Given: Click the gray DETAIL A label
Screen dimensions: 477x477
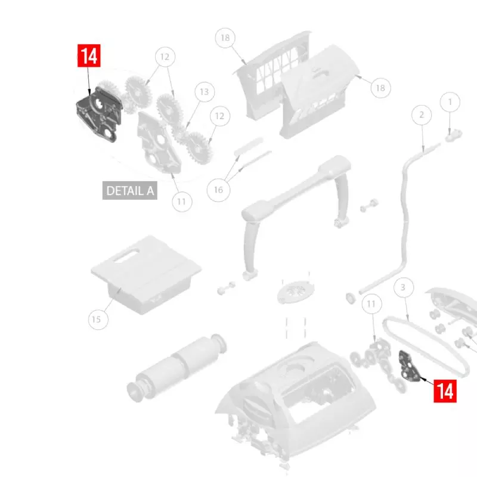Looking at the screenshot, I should [x=130, y=191].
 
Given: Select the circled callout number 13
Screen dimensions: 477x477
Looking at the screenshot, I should [x=204, y=92].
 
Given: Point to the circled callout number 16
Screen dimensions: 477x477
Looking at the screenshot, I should [x=218, y=190].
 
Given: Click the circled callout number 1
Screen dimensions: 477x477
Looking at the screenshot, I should [x=450, y=102].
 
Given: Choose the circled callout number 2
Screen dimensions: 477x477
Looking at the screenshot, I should [x=422, y=115].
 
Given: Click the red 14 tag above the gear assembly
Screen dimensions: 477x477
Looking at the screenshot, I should [x=88, y=57].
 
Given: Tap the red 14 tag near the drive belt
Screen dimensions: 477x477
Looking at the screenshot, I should [x=445, y=391].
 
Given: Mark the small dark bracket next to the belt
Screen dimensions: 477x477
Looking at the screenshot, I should [x=407, y=365].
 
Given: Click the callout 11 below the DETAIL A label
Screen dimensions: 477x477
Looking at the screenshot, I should [x=182, y=202].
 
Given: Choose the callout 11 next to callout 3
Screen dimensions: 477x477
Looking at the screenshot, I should [x=372, y=305].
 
